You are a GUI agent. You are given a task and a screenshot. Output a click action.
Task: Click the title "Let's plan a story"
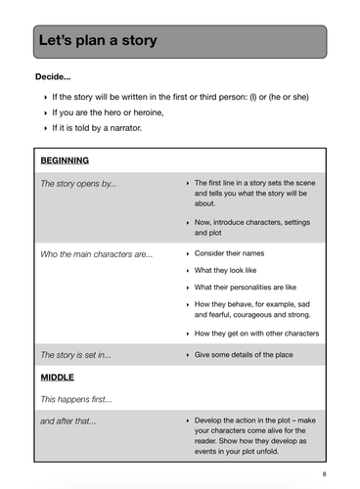(97, 41)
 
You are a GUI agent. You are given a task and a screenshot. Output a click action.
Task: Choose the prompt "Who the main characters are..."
(96, 253)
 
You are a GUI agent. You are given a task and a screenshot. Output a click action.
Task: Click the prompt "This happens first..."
(75, 399)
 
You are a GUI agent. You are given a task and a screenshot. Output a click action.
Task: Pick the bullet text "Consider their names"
(229, 253)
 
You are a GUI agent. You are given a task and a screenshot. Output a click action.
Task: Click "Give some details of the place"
(249, 354)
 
